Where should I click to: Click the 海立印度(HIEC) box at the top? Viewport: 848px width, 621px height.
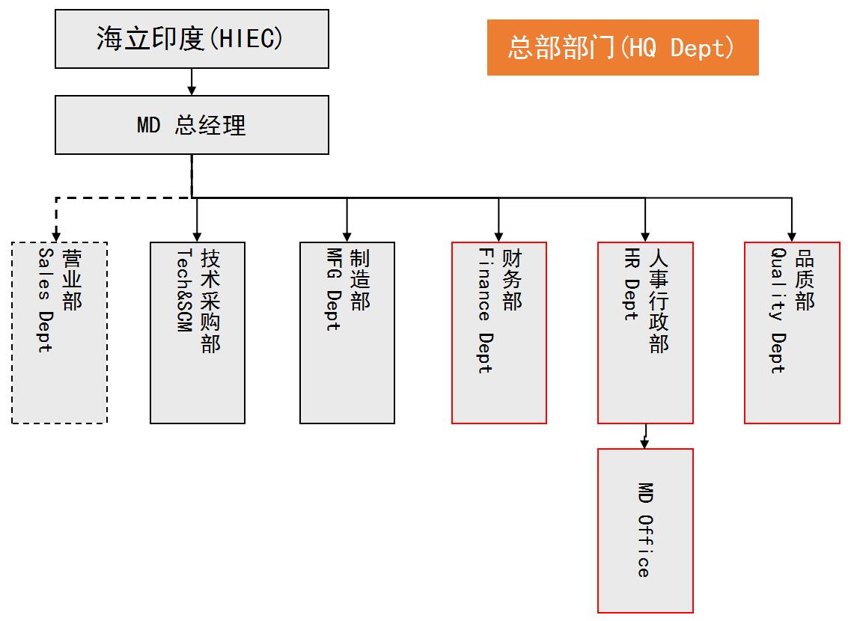click(192, 39)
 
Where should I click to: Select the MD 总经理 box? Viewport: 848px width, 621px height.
click(192, 125)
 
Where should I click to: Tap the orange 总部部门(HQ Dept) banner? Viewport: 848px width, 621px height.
click(623, 48)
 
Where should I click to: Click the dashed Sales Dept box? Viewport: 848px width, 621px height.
click(60, 332)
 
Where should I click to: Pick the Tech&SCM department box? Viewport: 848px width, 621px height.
click(198, 332)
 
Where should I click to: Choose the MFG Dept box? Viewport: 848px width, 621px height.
click(347, 332)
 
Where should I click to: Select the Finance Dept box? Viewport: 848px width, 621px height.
click(499, 332)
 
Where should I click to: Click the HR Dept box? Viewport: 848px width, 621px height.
click(645, 332)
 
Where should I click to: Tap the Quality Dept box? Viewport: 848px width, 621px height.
click(792, 332)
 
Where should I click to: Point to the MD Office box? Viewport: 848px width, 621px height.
click(645, 530)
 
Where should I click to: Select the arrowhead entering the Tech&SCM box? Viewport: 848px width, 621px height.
click(198, 236)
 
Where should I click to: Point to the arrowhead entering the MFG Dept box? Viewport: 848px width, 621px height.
click(347, 236)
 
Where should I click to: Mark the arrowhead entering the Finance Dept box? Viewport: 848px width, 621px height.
click(499, 236)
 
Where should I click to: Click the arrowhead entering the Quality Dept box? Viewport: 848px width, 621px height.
click(792, 236)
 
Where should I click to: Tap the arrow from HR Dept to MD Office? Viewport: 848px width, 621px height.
click(645, 437)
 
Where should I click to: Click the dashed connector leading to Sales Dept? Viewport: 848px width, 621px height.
click(57, 217)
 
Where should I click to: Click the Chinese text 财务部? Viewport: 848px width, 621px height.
click(512, 280)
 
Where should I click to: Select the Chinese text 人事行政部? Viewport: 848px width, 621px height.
click(658, 300)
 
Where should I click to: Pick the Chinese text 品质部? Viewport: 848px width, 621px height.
click(805, 280)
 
